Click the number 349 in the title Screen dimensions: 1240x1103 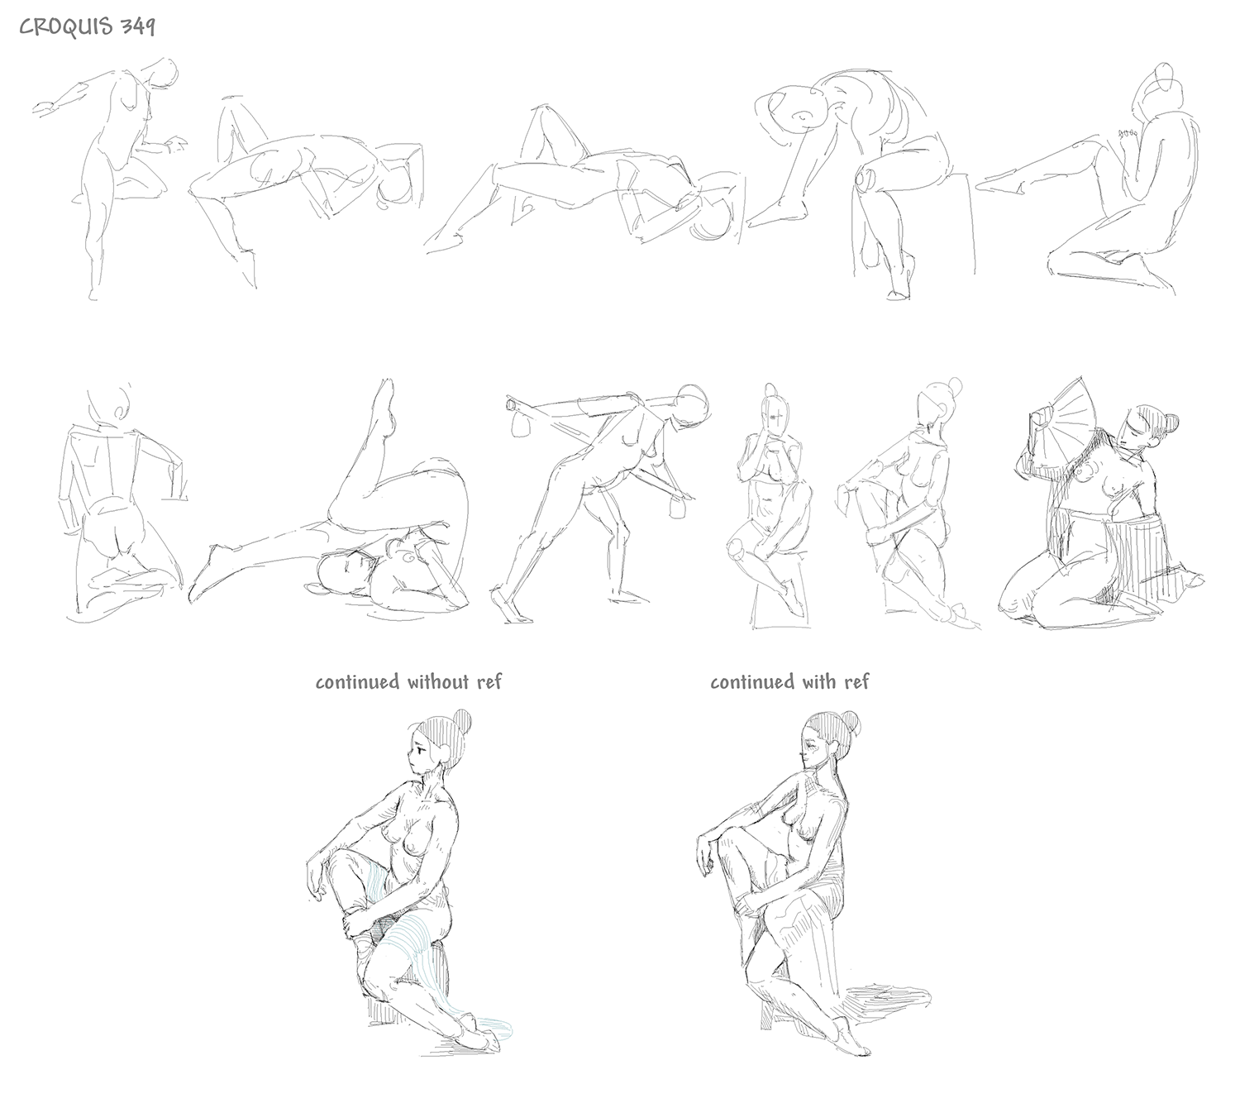[x=137, y=27]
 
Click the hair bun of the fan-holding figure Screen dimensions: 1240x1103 [x=1171, y=423]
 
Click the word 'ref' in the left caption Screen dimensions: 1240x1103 [x=489, y=682]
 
